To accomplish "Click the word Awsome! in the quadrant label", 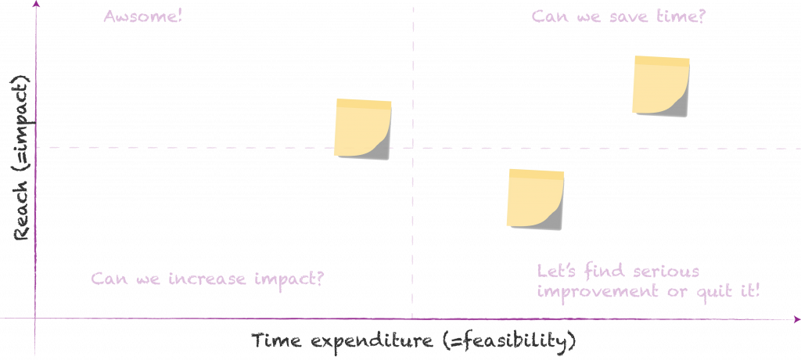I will tap(143, 16).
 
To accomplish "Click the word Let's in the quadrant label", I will tap(554, 272).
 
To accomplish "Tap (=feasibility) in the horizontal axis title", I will tap(509, 342).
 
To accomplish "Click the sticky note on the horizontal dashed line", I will tap(363, 129).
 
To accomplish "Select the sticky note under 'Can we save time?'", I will tap(662, 86).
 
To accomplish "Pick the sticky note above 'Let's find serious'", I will tap(535, 199).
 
